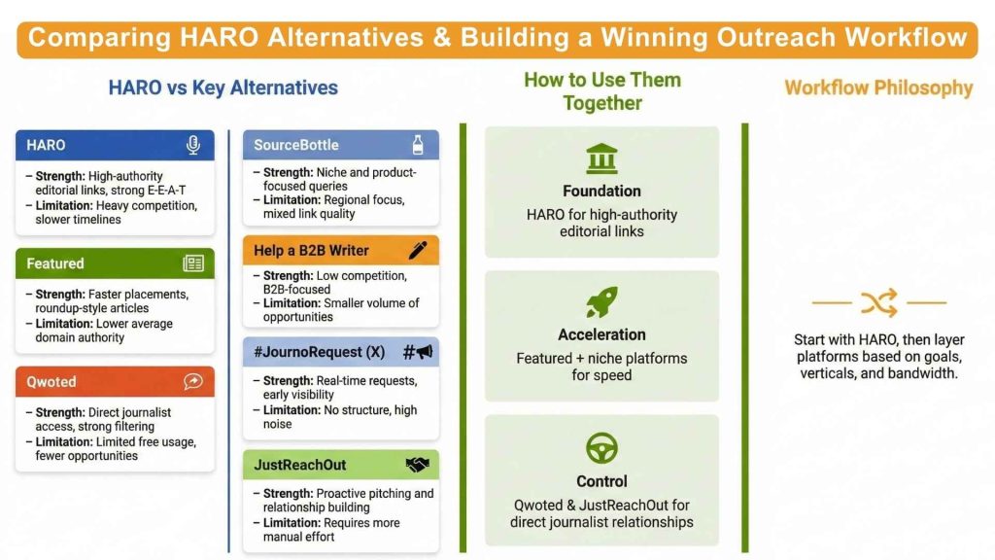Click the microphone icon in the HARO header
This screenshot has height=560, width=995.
point(193,145)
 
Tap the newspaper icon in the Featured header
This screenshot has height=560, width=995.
point(193,263)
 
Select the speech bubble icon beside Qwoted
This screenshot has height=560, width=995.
point(193,382)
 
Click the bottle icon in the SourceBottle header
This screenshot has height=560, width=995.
point(418,145)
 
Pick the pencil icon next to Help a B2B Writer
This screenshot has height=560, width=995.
point(418,250)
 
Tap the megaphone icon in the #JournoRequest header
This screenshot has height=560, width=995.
point(418,352)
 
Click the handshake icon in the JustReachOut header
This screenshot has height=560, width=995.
point(418,465)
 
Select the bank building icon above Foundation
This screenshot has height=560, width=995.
point(601,158)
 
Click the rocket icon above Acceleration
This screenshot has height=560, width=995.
point(601,302)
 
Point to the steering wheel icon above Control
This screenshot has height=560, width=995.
point(601,448)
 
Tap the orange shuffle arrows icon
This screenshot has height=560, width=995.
point(878,303)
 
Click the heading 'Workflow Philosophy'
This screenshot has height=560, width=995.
point(878,87)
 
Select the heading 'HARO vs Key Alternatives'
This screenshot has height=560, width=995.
point(223,87)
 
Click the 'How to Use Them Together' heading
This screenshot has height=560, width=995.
point(601,90)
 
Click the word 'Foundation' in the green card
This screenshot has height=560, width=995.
point(601,191)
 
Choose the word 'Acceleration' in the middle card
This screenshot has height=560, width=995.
point(601,334)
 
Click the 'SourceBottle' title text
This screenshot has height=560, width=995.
point(296,145)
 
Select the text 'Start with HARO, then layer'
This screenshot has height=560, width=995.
point(878,339)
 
